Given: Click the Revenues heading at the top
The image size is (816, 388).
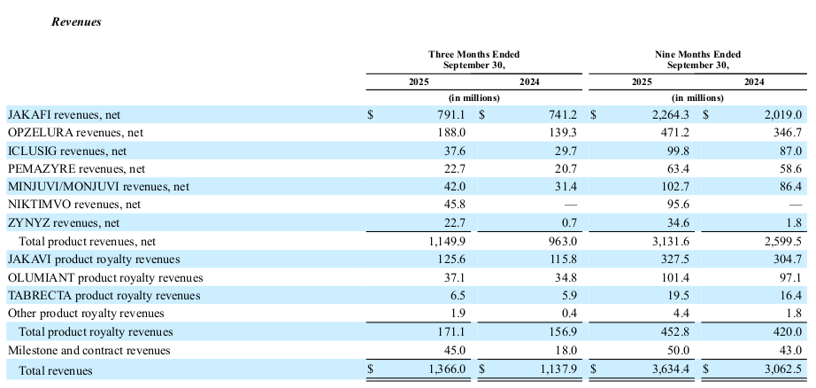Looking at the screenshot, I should pyautogui.click(x=75, y=22).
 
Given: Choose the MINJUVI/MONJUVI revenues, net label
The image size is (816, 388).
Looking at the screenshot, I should pyautogui.click(x=98, y=186).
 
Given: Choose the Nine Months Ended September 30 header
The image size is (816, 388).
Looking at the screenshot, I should pyautogui.click(x=697, y=59).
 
